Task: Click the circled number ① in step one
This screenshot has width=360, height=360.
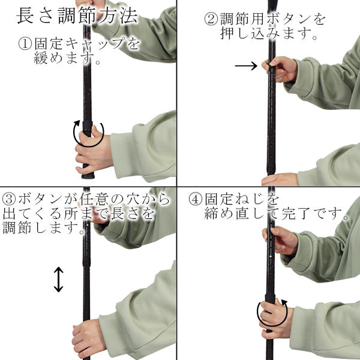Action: click(x=25, y=44)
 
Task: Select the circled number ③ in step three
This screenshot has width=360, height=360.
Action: click(x=10, y=199)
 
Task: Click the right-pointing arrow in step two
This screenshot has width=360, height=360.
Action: click(x=245, y=65)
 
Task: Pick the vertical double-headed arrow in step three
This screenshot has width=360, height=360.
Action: click(x=58, y=280)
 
